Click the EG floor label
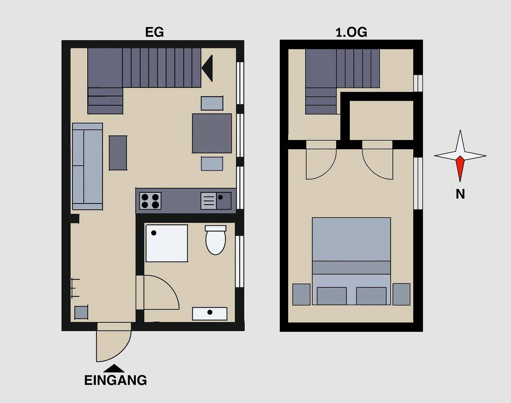click(x=154, y=32)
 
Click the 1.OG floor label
click(x=351, y=32)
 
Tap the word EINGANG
click(x=116, y=380)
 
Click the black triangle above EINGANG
click(x=114, y=368)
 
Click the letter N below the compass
click(x=460, y=194)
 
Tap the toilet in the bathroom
click(x=216, y=240)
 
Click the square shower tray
click(x=167, y=243)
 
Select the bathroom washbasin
click(x=210, y=314)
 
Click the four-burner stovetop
click(x=151, y=201)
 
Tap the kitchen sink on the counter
click(x=216, y=201)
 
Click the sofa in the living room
click(x=87, y=166)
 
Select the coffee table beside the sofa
click(x=118, y=153)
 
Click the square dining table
click(x=212, y=133)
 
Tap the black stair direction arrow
click(x=207, y=68)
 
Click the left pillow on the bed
click(x=332, y=296)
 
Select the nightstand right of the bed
click(x=401, y=294)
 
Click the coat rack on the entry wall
click(x=75, y=288)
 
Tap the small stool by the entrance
click(x=81, y=312)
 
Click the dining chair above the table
click(x=212, y=103)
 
